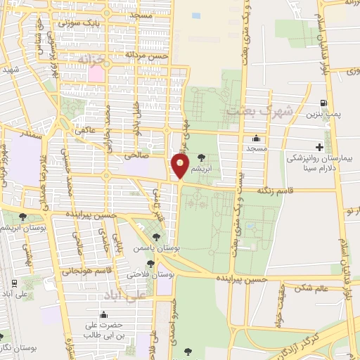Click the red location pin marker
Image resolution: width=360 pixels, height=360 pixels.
(181, 166)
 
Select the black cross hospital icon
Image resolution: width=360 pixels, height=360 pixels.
(320, 147)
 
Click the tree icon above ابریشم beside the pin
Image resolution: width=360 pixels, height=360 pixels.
(202, 157)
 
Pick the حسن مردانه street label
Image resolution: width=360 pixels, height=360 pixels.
(148, 54)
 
